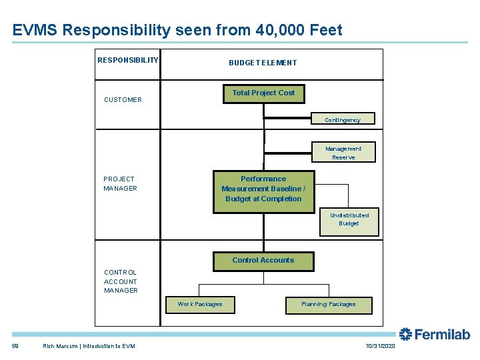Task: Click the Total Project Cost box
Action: click(x=263, y=94)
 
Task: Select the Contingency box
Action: click(x=343, y=119)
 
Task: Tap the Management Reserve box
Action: click(x=343, y=153)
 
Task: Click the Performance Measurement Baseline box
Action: click(x=263, y=189)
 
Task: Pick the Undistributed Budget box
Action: click(x=349, y=220)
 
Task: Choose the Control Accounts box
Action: click(x=263, y=261)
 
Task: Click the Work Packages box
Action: click(x=200, y=305)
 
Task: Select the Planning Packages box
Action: click(x=328, y=305)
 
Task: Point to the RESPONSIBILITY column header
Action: click(x=128, y=60)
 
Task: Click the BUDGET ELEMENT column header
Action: click(x=263, y=63)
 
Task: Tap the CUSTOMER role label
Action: click(x=123, y=100)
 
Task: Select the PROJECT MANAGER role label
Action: click(x=120, y=183)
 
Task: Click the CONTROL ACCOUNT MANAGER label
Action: click(x=121, y=281)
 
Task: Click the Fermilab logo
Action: click(x=434, y=334)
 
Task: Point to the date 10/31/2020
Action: click(x=381, y=347)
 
